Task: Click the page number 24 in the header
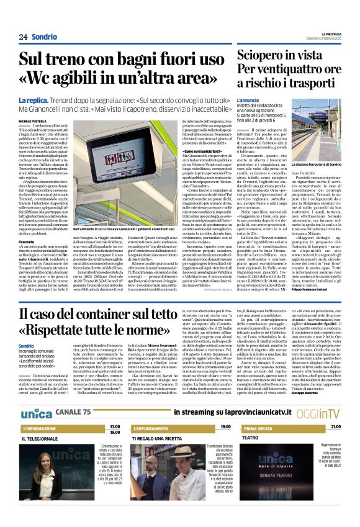tap(23, 37)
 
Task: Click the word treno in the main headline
tap(70, 61)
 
